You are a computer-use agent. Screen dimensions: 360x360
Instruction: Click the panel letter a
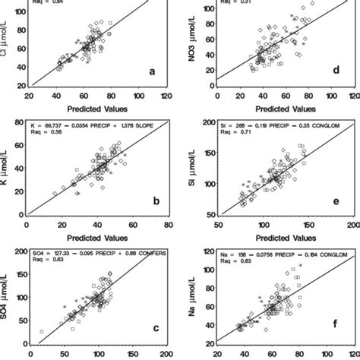(x=152, y=72)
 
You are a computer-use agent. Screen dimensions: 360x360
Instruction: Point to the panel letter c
(x=155, y=328)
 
